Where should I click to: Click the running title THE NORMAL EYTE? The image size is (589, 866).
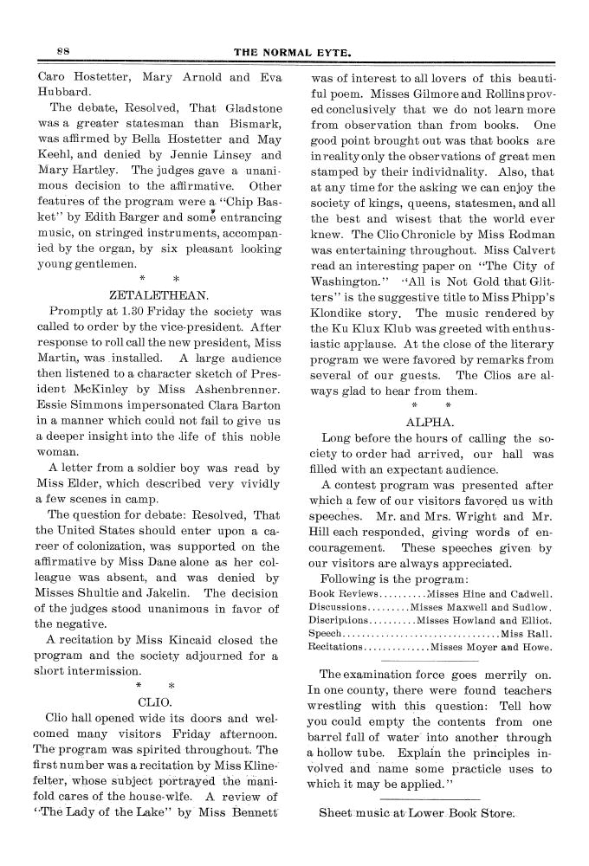pos(292,54)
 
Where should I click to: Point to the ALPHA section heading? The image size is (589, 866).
pos(430,422)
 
